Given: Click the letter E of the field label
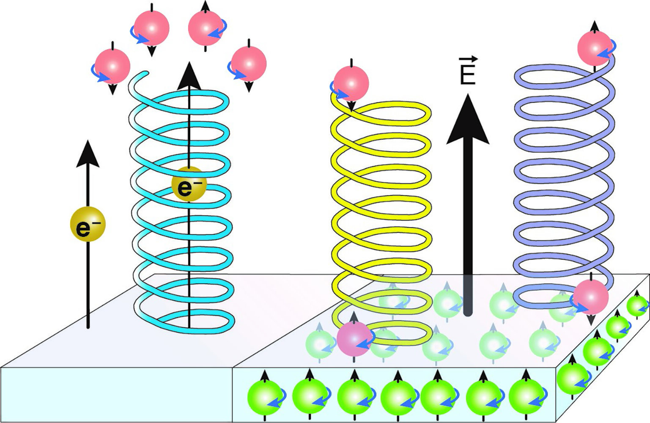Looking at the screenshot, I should [x=467, y=74].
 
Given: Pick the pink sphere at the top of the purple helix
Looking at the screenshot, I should [x=595, y=49].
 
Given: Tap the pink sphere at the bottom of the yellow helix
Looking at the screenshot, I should [x=354, y=338].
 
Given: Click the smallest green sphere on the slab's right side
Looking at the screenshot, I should [x=637, y=305].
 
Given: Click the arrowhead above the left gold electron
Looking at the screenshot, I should [x=88, y=153].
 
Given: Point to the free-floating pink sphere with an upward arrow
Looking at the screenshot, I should [x=206, y=28].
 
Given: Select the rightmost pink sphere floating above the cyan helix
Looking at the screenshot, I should [x=249, y=63].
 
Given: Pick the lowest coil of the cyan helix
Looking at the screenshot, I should [x=186, y=321].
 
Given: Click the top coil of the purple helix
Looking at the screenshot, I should [x=562, y=76].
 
